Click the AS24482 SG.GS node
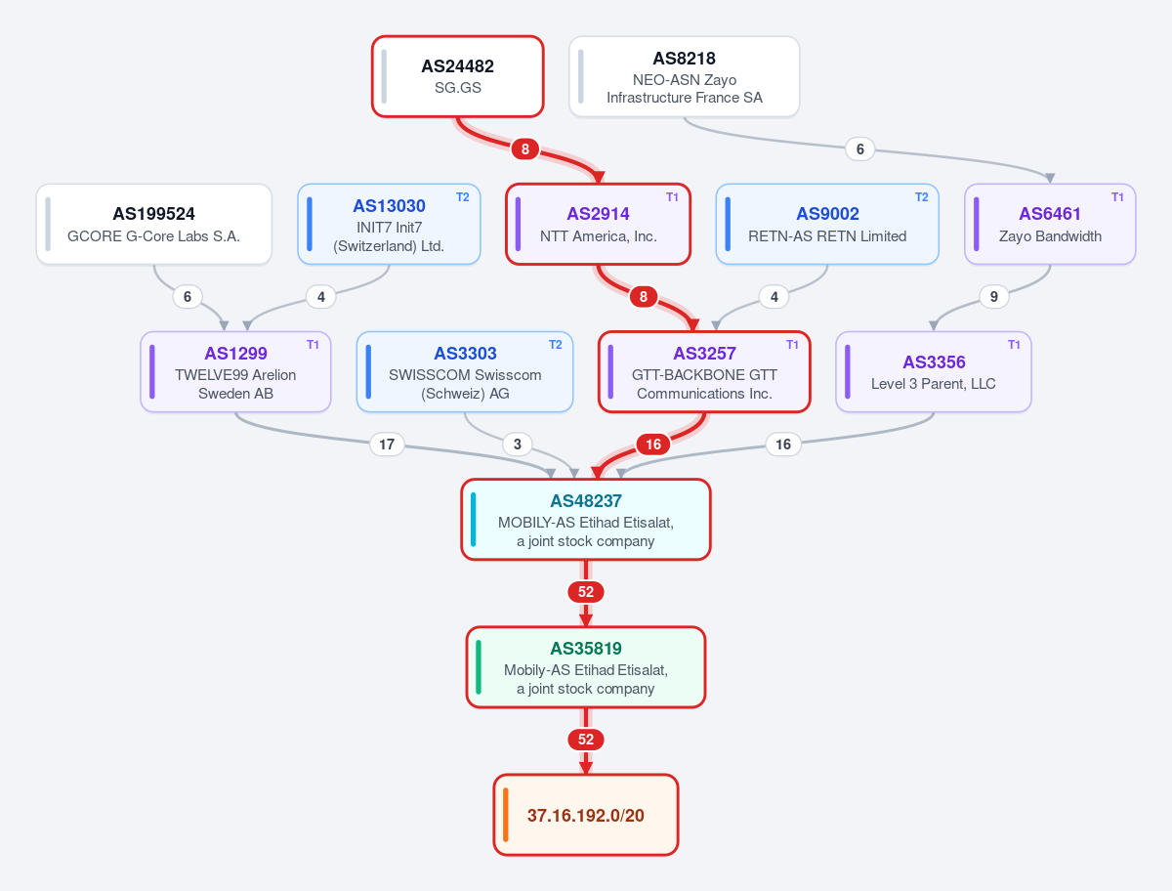coord(458,76)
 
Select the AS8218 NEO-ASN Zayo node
coord(684,76)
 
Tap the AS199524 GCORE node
coord(153,225)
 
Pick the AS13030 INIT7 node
coord(389,225)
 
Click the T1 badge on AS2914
coord(672,197)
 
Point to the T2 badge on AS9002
coord(922,197)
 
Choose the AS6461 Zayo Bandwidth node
coord(1050,225)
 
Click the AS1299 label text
coord(235,353)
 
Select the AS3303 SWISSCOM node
coord(465,371)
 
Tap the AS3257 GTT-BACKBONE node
coord(704,371)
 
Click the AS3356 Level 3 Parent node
coord(934,371)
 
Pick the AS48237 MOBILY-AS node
coord(586,520)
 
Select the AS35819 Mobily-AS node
coord(586,667)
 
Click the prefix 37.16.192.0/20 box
coord(586,815)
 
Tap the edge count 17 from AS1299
coord(387,445)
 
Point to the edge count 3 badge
coord(517,445)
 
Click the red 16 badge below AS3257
coord(653,445)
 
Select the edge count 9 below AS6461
coord(993,296)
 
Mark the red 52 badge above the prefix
coord(586,740)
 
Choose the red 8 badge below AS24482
coord(524,148)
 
